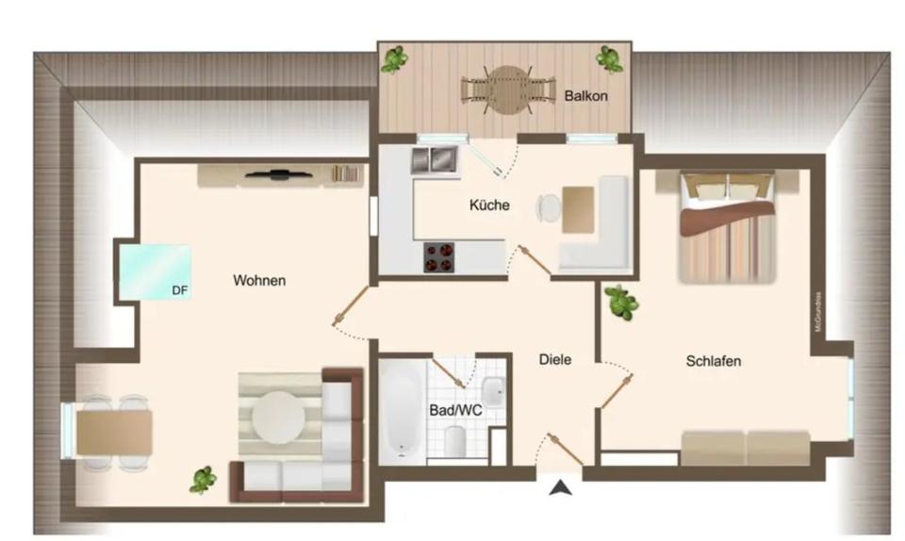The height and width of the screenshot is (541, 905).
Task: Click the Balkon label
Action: [585, 96]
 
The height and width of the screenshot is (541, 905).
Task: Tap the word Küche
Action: [489, 205]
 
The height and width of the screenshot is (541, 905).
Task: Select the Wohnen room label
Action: [259, 281]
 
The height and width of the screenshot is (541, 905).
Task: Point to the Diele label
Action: [555, 359]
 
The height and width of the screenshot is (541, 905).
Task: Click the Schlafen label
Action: [713, 361]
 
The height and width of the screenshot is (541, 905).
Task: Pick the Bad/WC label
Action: [455, 410]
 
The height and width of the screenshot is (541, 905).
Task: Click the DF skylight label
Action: [178, 290]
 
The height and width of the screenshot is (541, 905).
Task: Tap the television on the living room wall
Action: [279, 174]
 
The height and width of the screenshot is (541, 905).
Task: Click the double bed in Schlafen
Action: [729, 227]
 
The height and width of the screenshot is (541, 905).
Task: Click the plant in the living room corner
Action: [203, 480]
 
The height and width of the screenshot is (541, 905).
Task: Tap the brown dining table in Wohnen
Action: [115, 433]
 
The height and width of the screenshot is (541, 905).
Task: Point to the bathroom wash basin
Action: [493, 391]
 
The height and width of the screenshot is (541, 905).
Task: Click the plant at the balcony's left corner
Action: [395, 59]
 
